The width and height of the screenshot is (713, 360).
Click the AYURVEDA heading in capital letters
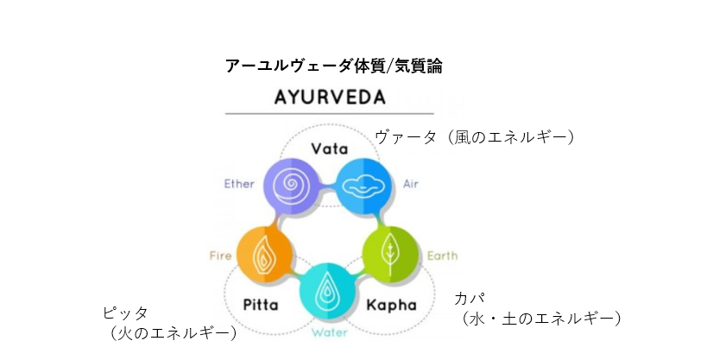330,98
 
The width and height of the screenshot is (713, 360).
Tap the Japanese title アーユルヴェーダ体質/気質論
333,66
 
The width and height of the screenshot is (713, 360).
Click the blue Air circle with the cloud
363,186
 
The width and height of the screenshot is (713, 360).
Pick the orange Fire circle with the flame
265,255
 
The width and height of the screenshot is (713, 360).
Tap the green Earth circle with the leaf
390,255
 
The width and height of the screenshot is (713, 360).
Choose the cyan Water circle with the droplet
327,291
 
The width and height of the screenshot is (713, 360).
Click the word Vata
330,148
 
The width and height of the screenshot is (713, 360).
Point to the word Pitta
261,304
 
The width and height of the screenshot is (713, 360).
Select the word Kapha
392,305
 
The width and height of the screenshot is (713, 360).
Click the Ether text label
239,184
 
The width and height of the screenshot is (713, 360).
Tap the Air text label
411,184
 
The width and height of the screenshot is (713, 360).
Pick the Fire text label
220,256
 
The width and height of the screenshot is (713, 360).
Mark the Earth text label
443,256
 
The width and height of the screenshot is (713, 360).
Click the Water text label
330,332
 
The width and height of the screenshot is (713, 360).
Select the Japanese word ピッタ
125,313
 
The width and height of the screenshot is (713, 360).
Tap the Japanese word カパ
470,299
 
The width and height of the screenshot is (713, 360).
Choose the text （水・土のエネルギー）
540,319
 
